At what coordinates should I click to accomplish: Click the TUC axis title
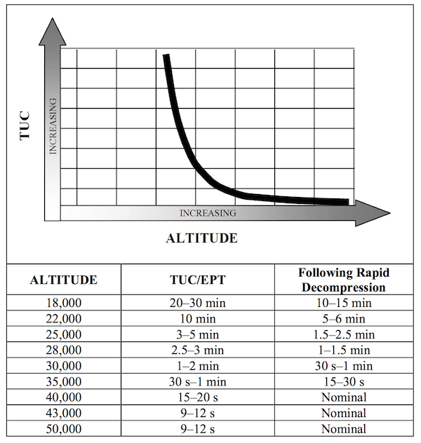tap(26, 126)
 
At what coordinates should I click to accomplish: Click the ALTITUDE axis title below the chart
tap(201, 238)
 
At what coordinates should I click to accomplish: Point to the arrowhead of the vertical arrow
tap(53, 29)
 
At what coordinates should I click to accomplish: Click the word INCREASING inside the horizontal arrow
tap(208, 213)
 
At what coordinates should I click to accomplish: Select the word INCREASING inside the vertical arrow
tap(53, 127)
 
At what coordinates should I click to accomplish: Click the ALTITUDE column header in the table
tap(63, 280)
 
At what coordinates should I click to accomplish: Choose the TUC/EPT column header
tap(207, 280)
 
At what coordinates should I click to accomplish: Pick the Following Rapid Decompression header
tap(343, 280)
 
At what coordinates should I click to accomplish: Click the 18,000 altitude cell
tap(63, 303)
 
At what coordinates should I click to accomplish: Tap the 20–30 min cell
tap(207, 303)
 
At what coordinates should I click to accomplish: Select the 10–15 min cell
tap(343, 303)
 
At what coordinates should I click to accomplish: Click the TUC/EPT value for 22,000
tap(207, 318)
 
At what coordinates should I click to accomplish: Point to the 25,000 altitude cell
tap(63, 334)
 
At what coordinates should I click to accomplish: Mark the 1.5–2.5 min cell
tap(343, 334)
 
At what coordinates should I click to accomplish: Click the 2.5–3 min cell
tap(207, 350)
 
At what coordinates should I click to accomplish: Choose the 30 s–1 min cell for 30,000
tap(343, 366)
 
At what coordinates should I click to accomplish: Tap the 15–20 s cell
tap(207, 397)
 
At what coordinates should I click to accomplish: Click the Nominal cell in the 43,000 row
tap(343, 414)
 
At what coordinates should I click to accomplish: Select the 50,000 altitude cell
tap(63, 429)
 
